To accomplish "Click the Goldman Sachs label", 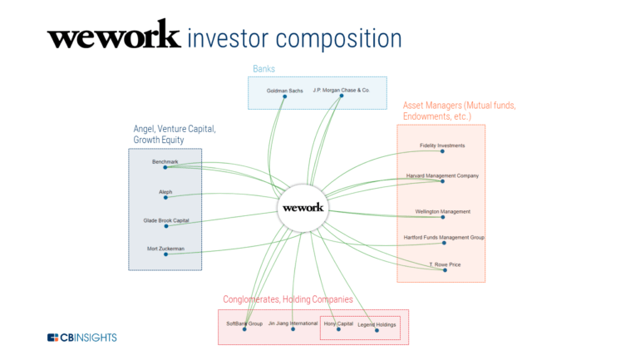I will tap(284, 90).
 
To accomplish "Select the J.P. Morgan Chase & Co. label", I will tap(341, 89).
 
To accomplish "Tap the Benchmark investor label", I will tap(165, 161).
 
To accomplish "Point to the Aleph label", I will tap(165, 191).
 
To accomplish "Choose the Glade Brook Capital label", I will tap(165, 220).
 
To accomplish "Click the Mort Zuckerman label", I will tap(165, 248).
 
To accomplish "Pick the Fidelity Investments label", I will tap(442, 145).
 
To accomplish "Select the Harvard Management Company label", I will tap(442, 175).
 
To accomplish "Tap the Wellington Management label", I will tap(442, 211).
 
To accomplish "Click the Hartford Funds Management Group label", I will tap(444, 237).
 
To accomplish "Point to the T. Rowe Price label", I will tap(444, 264).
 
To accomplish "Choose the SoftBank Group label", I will tap(244, 323).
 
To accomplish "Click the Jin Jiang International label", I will tap(293, 323).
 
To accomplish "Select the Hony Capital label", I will tap(338, 323).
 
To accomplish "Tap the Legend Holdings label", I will tap(377, 324).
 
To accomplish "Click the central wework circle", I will tap(303, 207).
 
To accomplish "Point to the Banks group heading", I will tap(263, 69).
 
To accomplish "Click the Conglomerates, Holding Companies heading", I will tap(288, 299).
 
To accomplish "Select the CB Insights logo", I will tap(81, 337).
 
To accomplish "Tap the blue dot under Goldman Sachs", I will tap(284, 96).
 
